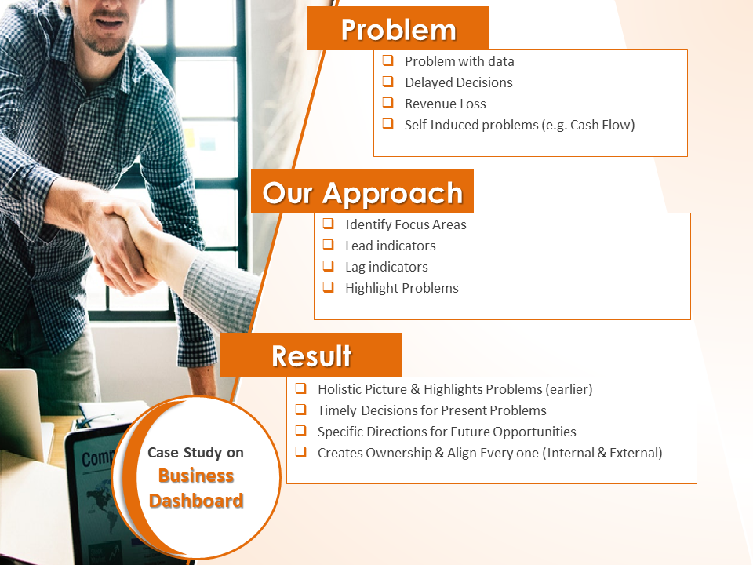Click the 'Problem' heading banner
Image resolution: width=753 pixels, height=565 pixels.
(398, 28)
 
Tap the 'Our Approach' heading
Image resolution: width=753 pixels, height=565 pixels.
(362, 192)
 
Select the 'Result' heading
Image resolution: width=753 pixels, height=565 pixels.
(311, 355)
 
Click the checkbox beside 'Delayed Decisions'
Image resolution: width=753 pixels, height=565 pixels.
(388, 82)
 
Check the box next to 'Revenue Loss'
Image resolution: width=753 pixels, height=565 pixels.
(388, 103)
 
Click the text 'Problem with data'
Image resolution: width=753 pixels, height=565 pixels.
(459, 61)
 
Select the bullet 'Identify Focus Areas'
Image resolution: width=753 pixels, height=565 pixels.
(406, 225)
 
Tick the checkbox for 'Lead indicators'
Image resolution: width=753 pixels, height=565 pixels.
(329, 245)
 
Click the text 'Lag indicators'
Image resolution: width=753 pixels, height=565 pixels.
(387, 267)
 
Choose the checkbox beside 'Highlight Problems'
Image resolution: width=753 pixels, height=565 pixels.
(329, 287)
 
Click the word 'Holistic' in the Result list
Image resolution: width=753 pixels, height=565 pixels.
(339, 389)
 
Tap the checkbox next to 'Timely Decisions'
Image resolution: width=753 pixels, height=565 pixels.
(301, 410)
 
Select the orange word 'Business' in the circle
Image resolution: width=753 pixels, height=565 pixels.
(196, 476)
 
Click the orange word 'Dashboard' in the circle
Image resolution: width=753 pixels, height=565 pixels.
(196, 501)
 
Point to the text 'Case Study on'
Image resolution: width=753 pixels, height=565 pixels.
(195, 453)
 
